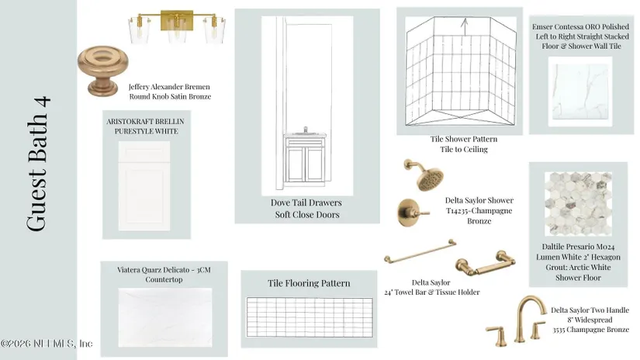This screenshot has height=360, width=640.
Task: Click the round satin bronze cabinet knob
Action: (x=102, y=69)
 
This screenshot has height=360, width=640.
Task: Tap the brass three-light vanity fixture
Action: (x=177, y=26)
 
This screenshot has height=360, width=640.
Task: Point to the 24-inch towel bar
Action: (x=420, y=251)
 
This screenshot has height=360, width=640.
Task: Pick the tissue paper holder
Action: (x=486, y=263)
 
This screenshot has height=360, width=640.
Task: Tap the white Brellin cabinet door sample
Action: (x=144, y=185)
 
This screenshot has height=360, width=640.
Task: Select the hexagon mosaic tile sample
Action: (x=578, y=204)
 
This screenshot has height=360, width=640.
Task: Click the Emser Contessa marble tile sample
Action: (x=580, y=92)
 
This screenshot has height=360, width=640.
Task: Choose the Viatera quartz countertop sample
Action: (x=165, y=317)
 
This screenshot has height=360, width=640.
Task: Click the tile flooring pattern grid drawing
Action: (x=310, y=317)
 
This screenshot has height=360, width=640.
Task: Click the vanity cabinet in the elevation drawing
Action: (x=305, y=159)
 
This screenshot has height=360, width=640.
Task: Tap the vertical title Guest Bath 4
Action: (x=38, y=164)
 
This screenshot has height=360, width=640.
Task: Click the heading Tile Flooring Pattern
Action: (x=309, y=283)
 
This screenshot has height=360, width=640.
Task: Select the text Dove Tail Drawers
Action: (x=306, y=202)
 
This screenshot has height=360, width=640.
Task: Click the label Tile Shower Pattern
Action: (x=464, y=139)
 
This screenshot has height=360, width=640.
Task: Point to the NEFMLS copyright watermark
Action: (x=47, y=343)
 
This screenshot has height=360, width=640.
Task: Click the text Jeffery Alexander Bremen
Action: (x=169, y=87)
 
